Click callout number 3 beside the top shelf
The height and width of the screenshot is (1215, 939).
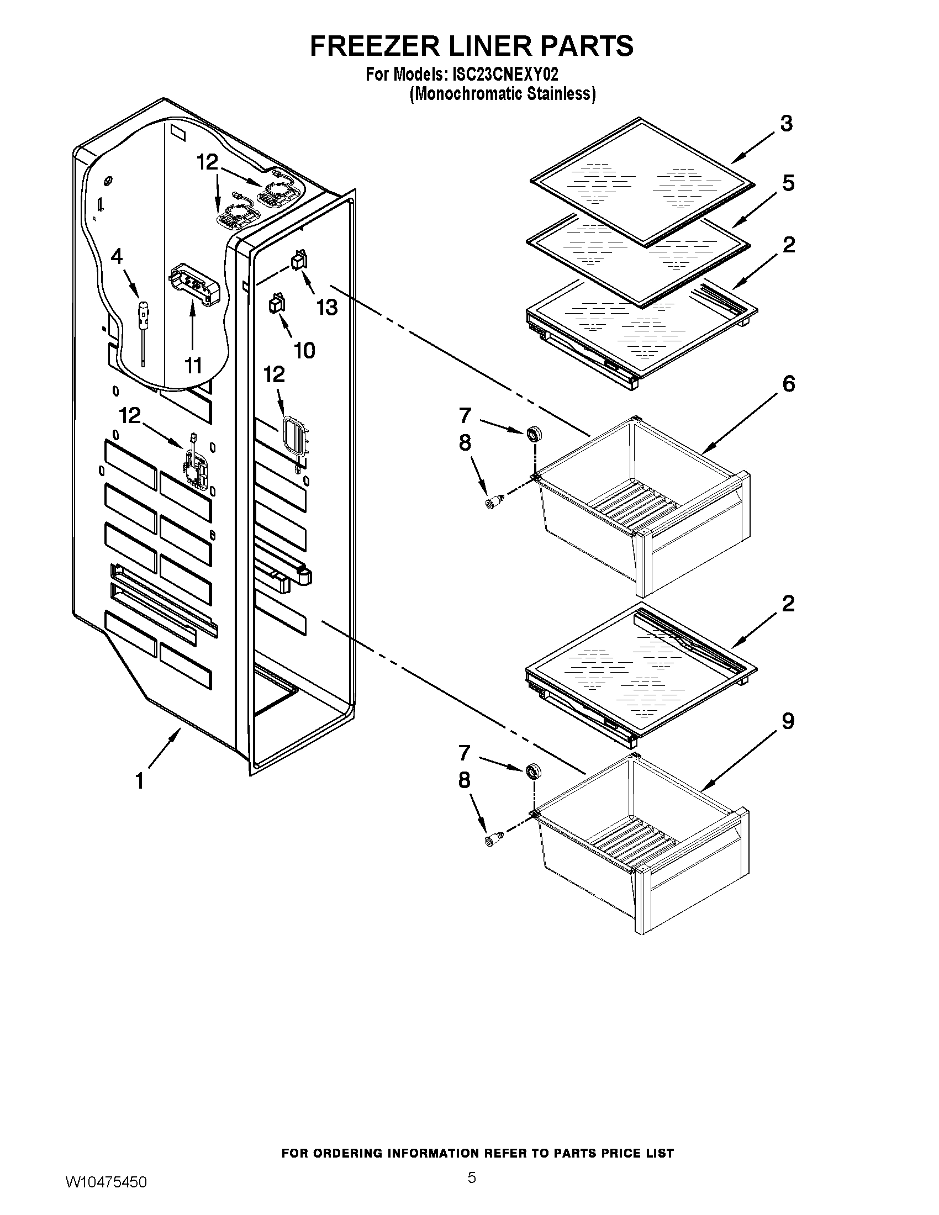pyautogui.click(x=786, y=124)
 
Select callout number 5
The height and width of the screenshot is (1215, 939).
pyautogui.click(x=788, y=183)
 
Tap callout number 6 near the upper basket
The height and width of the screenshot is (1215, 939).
pyautogui.click(x=788, y=383)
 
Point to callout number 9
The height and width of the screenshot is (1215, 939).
pyautogui.click(x=788, y=722)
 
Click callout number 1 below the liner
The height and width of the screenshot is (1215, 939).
pyautogui.click(x=140, y=780)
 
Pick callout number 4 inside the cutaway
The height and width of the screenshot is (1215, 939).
pyautogui.click(x=116, y=256)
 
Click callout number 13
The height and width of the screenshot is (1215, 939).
pyautogui.click(x=327, y=307)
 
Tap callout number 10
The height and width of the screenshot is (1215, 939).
pyautogui.click(x=304, y=350)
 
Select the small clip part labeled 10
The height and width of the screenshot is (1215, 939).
pyautogui.click(x=276, y=305)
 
